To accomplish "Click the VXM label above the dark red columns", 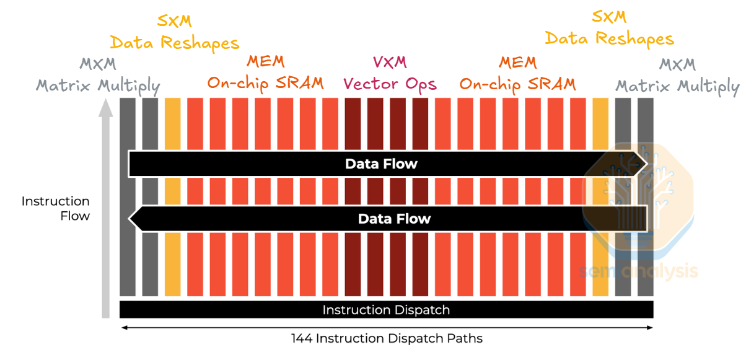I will pos(390,62).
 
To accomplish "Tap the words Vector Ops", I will pos(390,84).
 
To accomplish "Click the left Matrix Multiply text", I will pos(98,86).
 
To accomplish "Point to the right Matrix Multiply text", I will pos(677,86).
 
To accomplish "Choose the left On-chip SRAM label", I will pos(265,83).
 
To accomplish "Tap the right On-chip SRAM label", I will pos(517,83).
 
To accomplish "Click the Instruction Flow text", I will pos(56,209).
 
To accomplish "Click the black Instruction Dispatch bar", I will pos(386,310).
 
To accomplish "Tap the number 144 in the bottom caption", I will pos(301,338).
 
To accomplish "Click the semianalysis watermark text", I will pos(639,271).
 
